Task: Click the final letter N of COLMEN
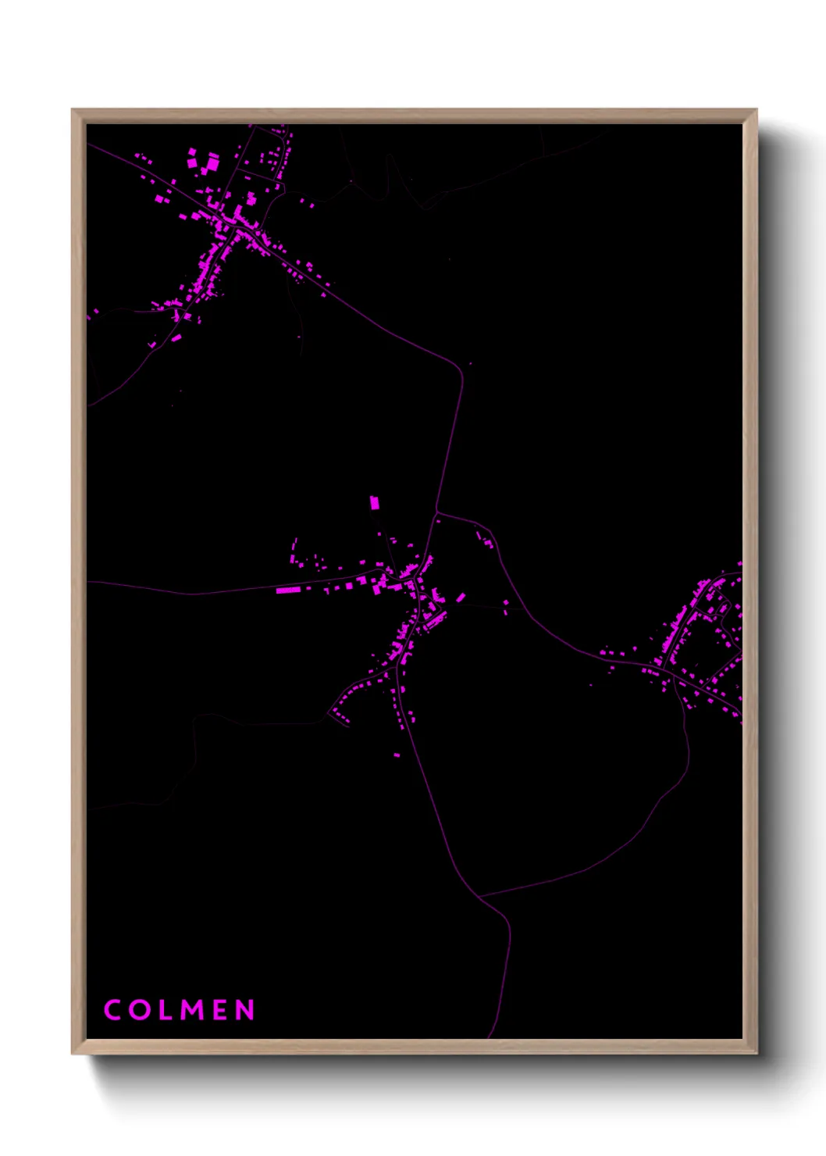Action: pyautogui.click(x=246, y=1010)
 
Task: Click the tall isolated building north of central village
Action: pyautogui.click(x=374, y=502)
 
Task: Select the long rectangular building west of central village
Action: pyautogui.click(x=287, y=590)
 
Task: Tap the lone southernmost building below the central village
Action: pyautogui.click(x=397, y=755)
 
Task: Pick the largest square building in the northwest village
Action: pyautogui.click(x=212, y=163)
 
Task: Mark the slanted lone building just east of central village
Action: pyautogui.click(x=461, y=598)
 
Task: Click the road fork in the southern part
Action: pyautogui.click(x=479, y=896)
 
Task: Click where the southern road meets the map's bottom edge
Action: pyautogui.click(x=489, y=1037)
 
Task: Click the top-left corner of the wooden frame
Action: pyautogui.click(x=73, y=110)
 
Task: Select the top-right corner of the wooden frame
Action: pyautogui.click(x=756, y=110)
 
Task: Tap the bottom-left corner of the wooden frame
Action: pyautogui.click(x=73, y=1053)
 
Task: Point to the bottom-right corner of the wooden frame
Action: pyautogui.click(x=756, y=1053)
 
